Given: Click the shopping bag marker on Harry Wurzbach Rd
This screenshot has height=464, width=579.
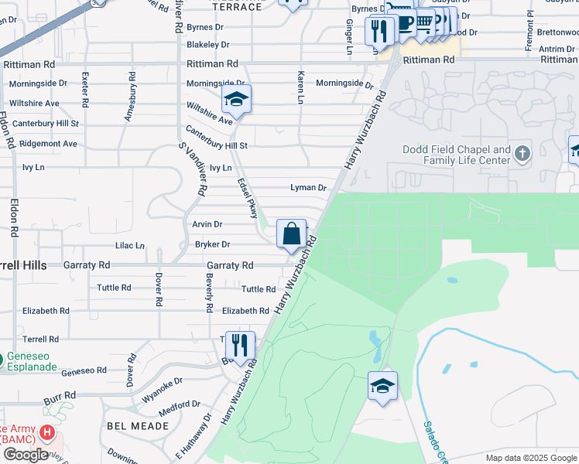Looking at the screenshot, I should coord(291,234).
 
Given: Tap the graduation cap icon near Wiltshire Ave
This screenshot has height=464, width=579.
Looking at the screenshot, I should coord(235,100).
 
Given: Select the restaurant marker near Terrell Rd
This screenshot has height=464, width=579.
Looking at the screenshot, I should coord(240,345).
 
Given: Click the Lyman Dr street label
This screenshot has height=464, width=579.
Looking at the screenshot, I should coord(308,188).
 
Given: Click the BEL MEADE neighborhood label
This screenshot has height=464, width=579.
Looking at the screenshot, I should coord(139,426).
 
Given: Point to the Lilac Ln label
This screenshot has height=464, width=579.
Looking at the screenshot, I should coord(130,246).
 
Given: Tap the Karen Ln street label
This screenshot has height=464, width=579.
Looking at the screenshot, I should coord(300,87).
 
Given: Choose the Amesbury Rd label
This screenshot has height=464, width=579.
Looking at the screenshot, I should coord(130,97).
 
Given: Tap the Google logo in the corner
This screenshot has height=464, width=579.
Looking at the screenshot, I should coord(26,455).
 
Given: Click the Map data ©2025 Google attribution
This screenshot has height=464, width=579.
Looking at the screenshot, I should coord(531,458).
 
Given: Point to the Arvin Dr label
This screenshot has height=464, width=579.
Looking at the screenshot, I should coord(207,224).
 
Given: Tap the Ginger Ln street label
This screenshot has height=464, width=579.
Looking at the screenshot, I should coord(348,32).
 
